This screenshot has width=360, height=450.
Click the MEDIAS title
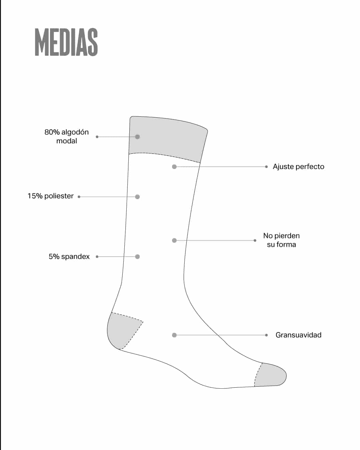[x=66, y=42]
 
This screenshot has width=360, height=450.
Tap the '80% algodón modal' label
[x=67, y=137]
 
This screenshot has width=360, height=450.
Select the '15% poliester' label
[x=51, y=196]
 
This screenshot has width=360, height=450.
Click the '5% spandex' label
[x=69, y=257]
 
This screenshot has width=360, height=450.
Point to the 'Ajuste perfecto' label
[x=299, y=167]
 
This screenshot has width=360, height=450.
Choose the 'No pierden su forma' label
[x=281, y=240]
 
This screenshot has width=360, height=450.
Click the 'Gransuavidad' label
[x=299, y=335]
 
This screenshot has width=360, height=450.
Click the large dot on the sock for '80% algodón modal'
[x=137, y=137]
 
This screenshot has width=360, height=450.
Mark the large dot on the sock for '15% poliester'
[x=137, y=197]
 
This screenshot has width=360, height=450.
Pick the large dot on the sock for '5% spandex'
[x=137, y=257]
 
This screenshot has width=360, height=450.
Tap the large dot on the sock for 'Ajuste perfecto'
[x=174, y=167]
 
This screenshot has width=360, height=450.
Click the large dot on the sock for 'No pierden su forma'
[x=174, y=240]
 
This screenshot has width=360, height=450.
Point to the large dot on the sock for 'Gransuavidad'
[x=174, y=335]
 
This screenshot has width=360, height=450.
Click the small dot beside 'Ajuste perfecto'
[x=266, y=167]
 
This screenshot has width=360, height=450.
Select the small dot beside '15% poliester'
[x=79, y=197]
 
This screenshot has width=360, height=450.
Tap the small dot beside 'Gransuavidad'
[x=266, y=335]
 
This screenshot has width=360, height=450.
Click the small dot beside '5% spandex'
[x=97, y=257]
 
